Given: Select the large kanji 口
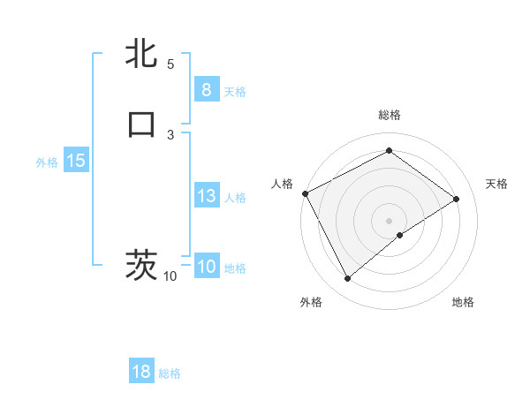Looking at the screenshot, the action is (142, 124).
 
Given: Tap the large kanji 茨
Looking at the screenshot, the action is (142, 265).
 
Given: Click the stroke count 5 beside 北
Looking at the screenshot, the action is (170, 64).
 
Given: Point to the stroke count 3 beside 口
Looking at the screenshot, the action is (170, 134).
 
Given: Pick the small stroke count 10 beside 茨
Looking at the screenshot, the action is (170, 276).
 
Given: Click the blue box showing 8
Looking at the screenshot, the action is (206, 90).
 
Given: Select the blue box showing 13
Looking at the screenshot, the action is (206, 196).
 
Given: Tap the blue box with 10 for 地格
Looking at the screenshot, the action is (206, 267).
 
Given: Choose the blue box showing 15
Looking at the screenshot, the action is (75, 161).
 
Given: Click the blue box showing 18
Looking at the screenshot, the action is (141, 372).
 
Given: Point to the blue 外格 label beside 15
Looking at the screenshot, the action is (47, 162).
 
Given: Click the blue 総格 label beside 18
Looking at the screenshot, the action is (170, 373).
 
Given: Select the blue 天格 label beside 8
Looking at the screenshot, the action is (235, 92).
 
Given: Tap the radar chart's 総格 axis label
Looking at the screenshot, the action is (390, 115).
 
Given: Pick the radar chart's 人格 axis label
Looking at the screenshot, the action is (283, 184).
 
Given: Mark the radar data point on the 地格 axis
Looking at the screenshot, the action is (400, 235).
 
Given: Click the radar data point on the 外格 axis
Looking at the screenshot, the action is (347, 279).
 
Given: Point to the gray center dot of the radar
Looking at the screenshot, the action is (390, 220).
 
